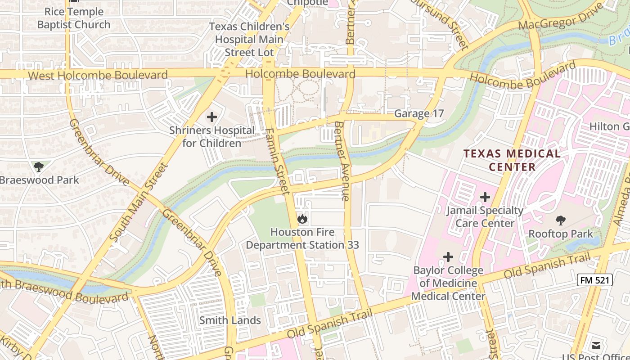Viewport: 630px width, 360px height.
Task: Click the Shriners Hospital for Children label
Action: pyautogui.click(x=212, y=137)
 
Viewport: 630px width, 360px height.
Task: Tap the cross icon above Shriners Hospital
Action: pyautogui.click(x=212, y=117)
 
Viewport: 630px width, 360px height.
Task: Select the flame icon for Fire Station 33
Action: pyautogui.click(x=302, y=219)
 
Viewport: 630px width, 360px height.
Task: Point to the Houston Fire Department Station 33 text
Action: pyautogui.click(x=302, y=238)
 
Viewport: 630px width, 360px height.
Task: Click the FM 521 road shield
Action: pyautogui.click(x=595, y=280)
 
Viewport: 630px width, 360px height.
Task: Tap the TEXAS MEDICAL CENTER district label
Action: pyautogui.click(x=512, y=160)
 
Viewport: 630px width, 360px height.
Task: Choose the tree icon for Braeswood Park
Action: pyautogui.click(x=39, y=167)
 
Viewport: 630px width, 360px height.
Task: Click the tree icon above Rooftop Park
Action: pyautogui.click(x=561, y=220)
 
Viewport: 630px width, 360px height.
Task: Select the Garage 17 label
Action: pyautogui.click(x=419, y=113)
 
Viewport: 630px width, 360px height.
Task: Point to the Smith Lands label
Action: pyautogui.click(x=230, y=320)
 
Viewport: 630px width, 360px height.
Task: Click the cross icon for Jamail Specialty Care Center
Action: pyautogui.click(x=485, y=197)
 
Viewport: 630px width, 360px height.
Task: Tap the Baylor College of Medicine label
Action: pyautogui.click(x=448, y=283)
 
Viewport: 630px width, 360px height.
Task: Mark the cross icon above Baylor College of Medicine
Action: pyautogui.click(x=448, y=257)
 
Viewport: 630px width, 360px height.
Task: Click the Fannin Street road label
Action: pyautogui.click(x=278, y=161)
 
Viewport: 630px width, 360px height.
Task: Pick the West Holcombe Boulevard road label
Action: pyautogui.click(x=98, y=75)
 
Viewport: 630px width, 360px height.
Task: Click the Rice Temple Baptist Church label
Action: pyautogui.click(x=74, y=18)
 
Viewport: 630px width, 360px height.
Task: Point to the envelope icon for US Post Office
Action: pyautogui.click(x=596, y=346)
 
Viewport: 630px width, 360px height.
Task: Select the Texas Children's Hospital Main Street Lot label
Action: pyautogui.click(x=249, y=39)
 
